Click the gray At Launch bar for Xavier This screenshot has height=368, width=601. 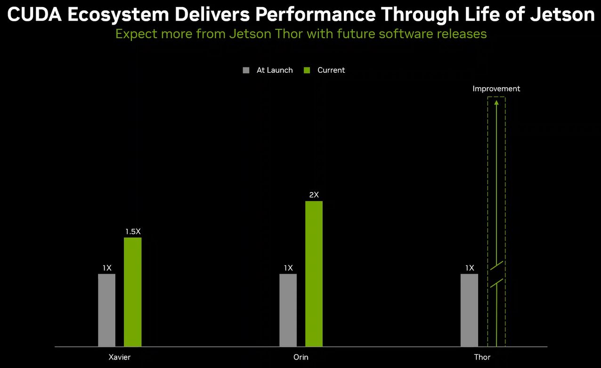[106, 310]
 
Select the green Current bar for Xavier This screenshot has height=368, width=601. [132, 292]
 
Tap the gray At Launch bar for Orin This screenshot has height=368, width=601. [288, 310]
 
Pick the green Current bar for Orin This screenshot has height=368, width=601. [314, 274]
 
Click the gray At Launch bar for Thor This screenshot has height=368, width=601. [469, 310]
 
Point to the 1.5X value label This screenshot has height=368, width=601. [133, 232]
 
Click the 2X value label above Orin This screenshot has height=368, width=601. [314, 195]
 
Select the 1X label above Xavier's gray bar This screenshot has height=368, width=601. [107, 268]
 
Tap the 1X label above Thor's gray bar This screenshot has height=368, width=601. [470, 268]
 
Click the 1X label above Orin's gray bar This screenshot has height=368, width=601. [288, 268]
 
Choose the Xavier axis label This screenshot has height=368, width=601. [119, 357]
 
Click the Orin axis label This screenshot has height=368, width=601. [301, 357]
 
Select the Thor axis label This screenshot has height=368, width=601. [482, 357]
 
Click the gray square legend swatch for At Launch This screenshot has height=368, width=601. [246, 70]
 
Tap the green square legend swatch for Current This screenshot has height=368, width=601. [307, 70]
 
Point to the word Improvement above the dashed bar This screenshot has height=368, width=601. [496, 89]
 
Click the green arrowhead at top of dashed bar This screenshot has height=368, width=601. [496, 102]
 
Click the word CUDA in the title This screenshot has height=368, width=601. [34, 15]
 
